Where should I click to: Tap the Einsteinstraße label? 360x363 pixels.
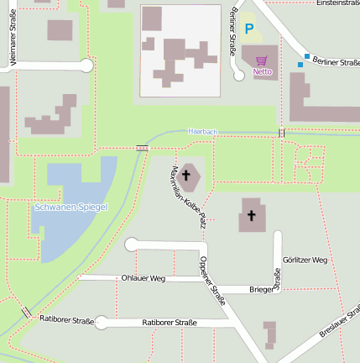click(332, 4)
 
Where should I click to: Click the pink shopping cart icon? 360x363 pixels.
click(262, 60)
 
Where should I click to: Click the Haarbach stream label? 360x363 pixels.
click(203, 132)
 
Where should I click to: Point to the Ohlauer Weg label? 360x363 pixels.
click(143, 278)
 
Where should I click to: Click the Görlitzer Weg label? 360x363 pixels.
click(305, 260)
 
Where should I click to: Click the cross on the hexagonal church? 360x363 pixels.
click(188, 176)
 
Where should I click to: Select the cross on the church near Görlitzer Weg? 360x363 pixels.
click(250, 216)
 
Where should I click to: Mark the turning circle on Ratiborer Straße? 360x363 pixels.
click(102, 323)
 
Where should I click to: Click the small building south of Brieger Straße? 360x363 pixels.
click(269, 334)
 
